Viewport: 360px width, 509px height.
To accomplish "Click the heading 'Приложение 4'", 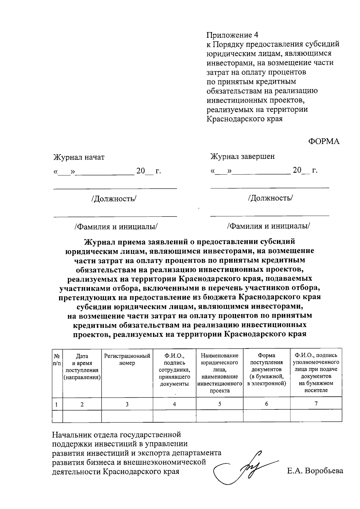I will [232, 35].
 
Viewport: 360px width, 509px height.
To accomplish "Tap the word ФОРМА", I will [324, 142].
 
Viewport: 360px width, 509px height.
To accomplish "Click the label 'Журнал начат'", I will [79, 157].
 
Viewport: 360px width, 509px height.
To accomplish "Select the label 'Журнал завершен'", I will [242, 156].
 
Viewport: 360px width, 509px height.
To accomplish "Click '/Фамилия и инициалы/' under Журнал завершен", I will [268, 226].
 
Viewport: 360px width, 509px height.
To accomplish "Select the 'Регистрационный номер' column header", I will [127, 359].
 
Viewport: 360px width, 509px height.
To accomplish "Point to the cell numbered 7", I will [316, 404].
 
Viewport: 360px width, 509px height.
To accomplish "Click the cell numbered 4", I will [174, 404].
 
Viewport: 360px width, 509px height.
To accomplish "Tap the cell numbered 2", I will [82, 404].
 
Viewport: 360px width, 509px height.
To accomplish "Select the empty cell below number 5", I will [220, 416].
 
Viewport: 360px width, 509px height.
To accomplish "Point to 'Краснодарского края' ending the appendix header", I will [244, 119].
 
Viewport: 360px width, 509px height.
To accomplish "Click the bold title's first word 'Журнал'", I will [99, 242].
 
